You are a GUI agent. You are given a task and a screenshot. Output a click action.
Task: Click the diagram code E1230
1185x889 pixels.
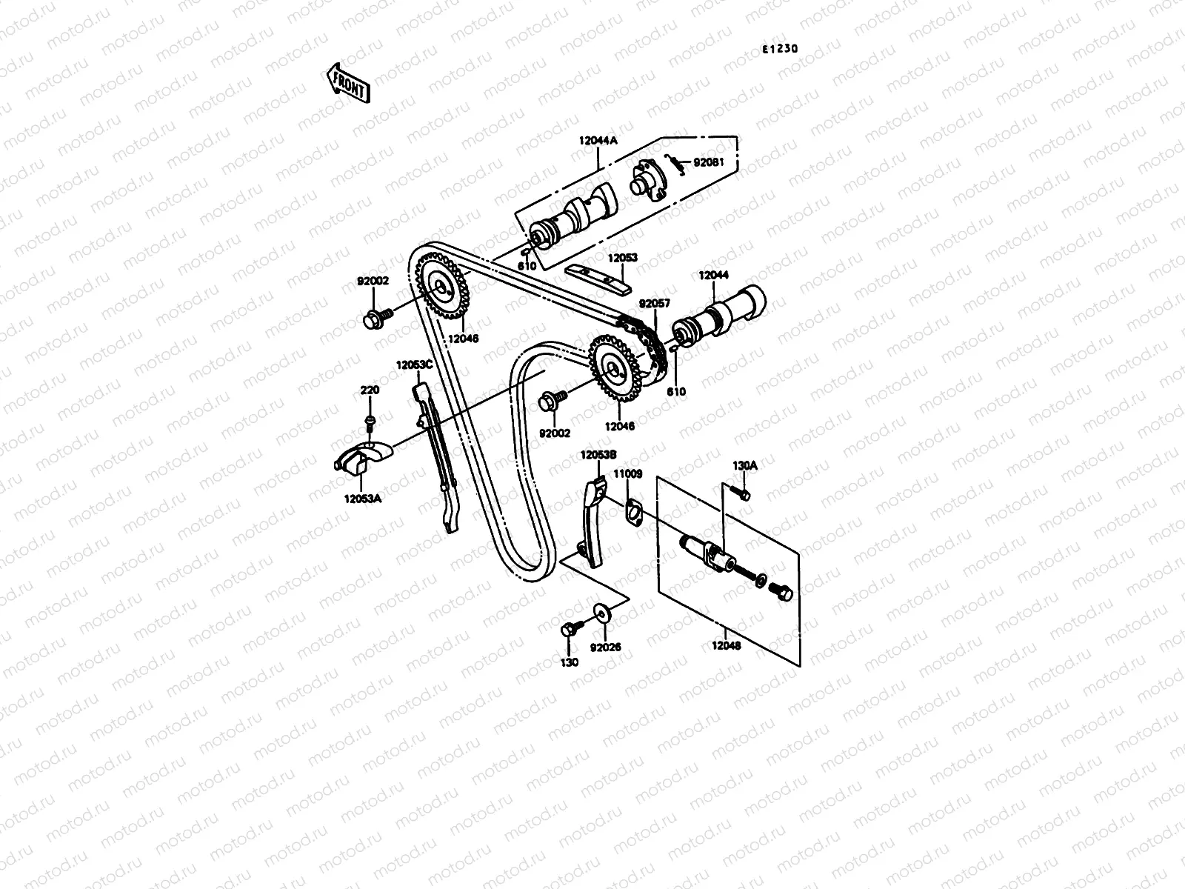781,50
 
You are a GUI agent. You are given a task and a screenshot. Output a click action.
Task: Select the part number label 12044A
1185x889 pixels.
598,140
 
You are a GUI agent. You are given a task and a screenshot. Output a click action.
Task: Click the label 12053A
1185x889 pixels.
362,499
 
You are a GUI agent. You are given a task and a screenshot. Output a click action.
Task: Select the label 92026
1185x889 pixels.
605,647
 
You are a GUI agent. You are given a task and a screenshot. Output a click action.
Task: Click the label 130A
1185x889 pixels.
744,466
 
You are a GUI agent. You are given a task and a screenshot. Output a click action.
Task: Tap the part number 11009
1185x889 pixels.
629,473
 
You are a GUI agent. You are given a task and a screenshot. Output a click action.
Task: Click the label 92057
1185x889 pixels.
655,304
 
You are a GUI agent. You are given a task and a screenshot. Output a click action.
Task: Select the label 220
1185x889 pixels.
370,390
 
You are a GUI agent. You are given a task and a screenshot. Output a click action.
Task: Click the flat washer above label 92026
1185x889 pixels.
601,612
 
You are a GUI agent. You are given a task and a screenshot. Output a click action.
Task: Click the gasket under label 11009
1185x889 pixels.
632,513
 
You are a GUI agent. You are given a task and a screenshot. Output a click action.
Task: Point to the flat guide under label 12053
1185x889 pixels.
598,279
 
